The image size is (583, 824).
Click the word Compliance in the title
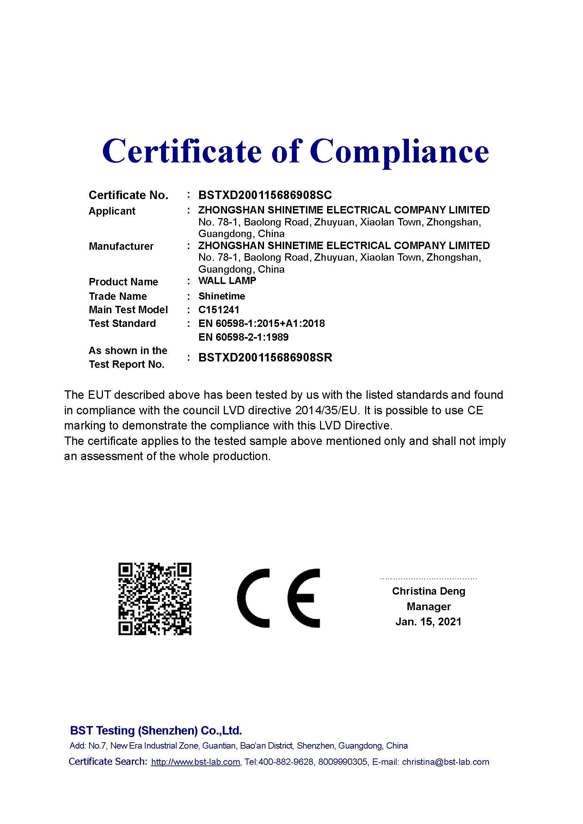pos(399,151)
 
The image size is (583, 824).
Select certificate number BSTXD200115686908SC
pos(265,195)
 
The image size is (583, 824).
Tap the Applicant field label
pos(112,211)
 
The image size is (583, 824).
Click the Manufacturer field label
pos(121,246)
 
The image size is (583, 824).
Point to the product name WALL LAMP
pos(227,281)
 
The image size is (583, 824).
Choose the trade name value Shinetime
pos(221,296)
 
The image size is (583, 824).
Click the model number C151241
pos(219,310)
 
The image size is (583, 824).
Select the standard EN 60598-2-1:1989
pos(244,337)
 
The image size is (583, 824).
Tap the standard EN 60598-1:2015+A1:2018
pos(261,323)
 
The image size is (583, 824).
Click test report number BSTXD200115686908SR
pos(265,358)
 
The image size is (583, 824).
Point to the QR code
pos(155,599)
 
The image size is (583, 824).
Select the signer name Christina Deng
pos(428,591)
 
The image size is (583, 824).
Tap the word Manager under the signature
pos(429,607)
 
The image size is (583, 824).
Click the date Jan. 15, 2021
pos(428,621)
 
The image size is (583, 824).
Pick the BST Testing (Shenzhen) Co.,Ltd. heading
pos(156,731)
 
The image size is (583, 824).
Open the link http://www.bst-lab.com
pos(195,762)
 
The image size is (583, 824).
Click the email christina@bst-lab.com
pos(445,762)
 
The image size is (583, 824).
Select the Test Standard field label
pos(122,323)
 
